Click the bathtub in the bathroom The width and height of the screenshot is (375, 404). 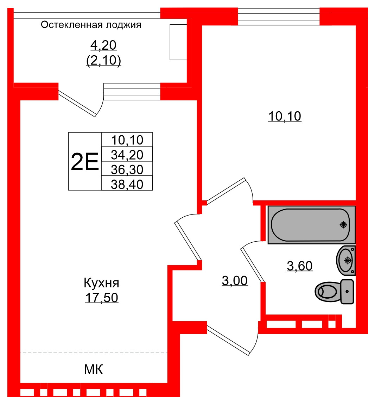click(311, 225)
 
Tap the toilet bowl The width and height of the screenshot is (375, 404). click(327, 291)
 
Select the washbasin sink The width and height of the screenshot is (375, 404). click(346, 260)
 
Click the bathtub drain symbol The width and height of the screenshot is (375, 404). click(343, 225)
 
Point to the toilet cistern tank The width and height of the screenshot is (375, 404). click(347, 292)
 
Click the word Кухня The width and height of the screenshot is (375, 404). click(101, 283)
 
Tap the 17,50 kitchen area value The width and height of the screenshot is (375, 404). click(101, 298)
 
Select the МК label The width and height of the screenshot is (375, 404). click(94, 369)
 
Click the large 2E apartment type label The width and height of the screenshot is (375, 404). click(85, 162)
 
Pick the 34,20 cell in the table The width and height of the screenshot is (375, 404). click(127, 154)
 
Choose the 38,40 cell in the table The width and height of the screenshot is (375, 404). click(127, 184)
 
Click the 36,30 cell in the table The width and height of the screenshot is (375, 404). click(127, 169)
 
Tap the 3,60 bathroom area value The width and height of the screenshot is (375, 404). click(300, 266)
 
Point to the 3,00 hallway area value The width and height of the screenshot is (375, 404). click(235, 281)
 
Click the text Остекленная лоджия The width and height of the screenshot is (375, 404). click(91, 25)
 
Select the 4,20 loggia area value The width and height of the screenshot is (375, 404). click(103, 45)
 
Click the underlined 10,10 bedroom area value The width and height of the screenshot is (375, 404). click(285, 116)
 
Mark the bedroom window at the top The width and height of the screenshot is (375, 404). click(279, 17)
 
